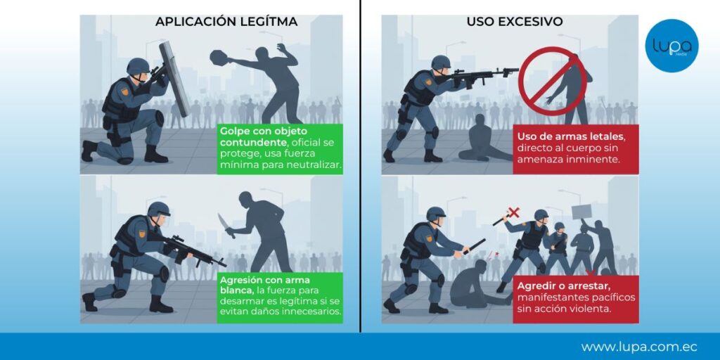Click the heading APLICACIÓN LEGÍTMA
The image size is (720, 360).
226,22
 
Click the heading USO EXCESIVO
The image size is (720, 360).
514,22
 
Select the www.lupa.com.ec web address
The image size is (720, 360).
638,347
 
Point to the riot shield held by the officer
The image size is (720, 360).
174,78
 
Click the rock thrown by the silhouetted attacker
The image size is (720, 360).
219,58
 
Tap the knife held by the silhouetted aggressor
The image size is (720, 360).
226,225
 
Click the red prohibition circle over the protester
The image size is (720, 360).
553,82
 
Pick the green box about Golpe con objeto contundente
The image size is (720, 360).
280,148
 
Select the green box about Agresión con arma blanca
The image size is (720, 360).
280,297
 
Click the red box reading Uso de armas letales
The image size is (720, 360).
576,149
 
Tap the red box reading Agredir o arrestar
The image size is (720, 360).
576,298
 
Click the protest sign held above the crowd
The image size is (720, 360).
581,212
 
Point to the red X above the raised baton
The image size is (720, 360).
514,212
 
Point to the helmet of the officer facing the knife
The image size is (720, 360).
159,210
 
